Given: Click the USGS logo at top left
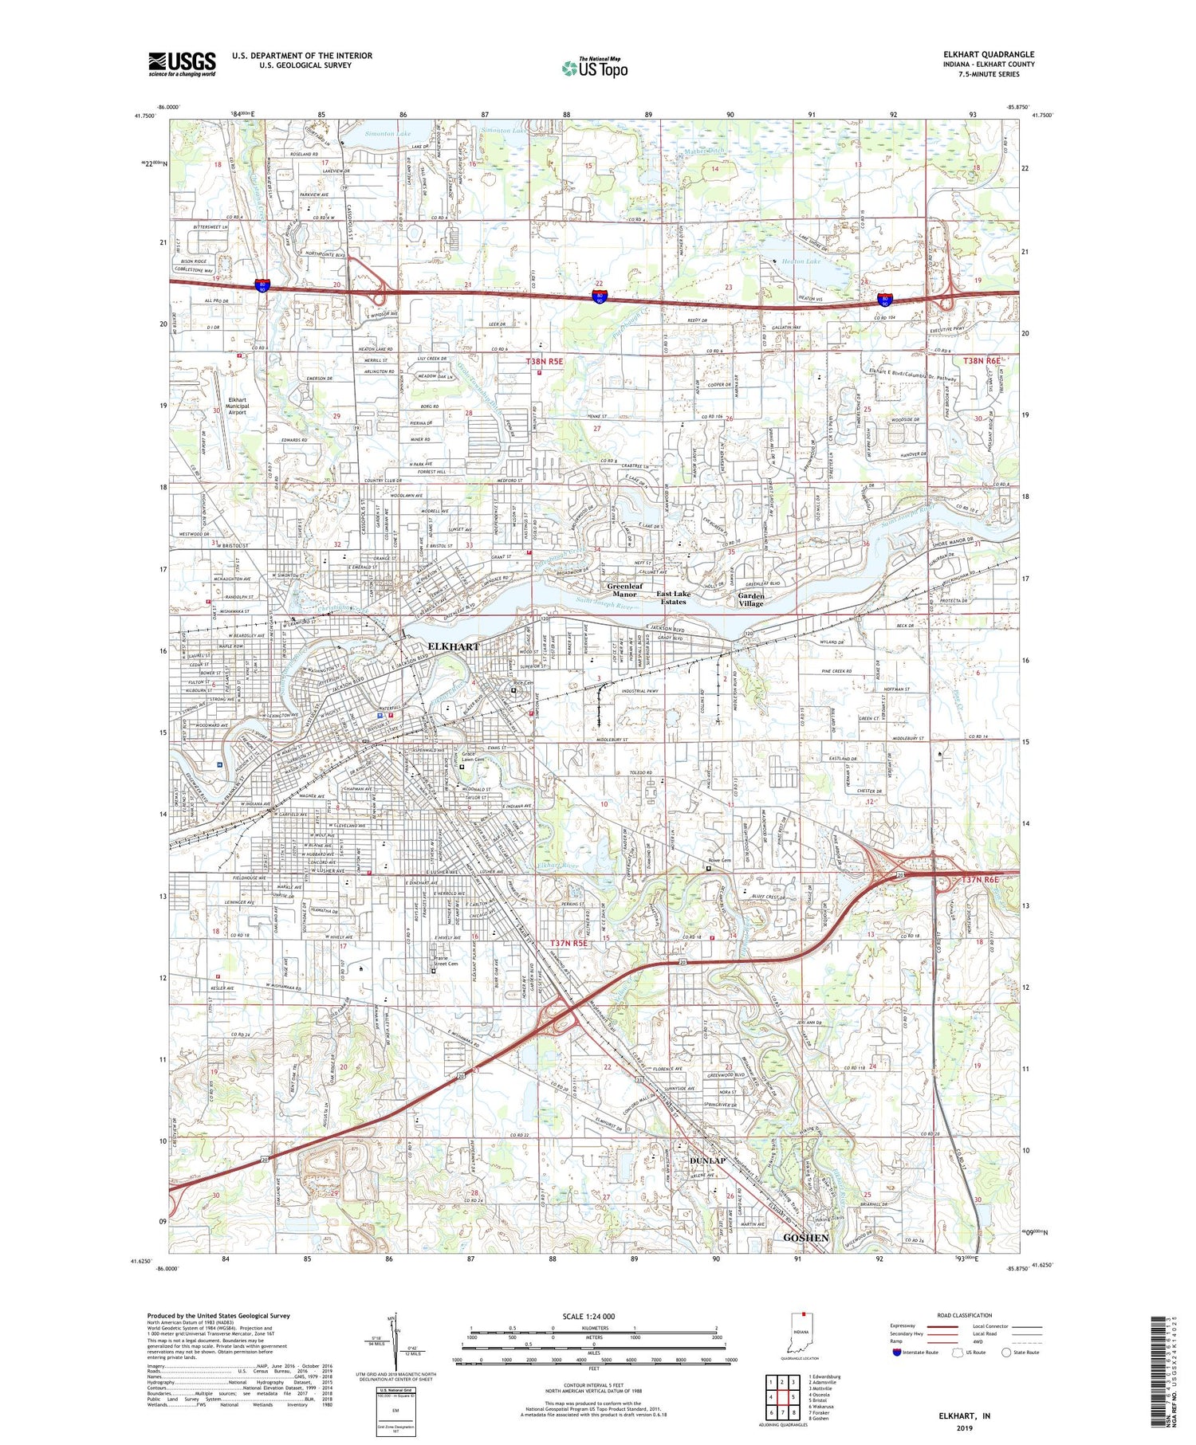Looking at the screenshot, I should pyautogui.click(x=182, y=64).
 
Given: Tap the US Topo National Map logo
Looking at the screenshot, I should pyautogui.click(x=594, y=68).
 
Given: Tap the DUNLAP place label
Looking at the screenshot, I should pyautogui.click(x=707, y=1160).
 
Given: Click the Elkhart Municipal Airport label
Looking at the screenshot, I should pyautogui.click(x=238, y=406).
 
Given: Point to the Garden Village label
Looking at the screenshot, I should pyautogui.click(x=750, y=599).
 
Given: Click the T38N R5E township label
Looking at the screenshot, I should pyautogui.click(x=545, y=361).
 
